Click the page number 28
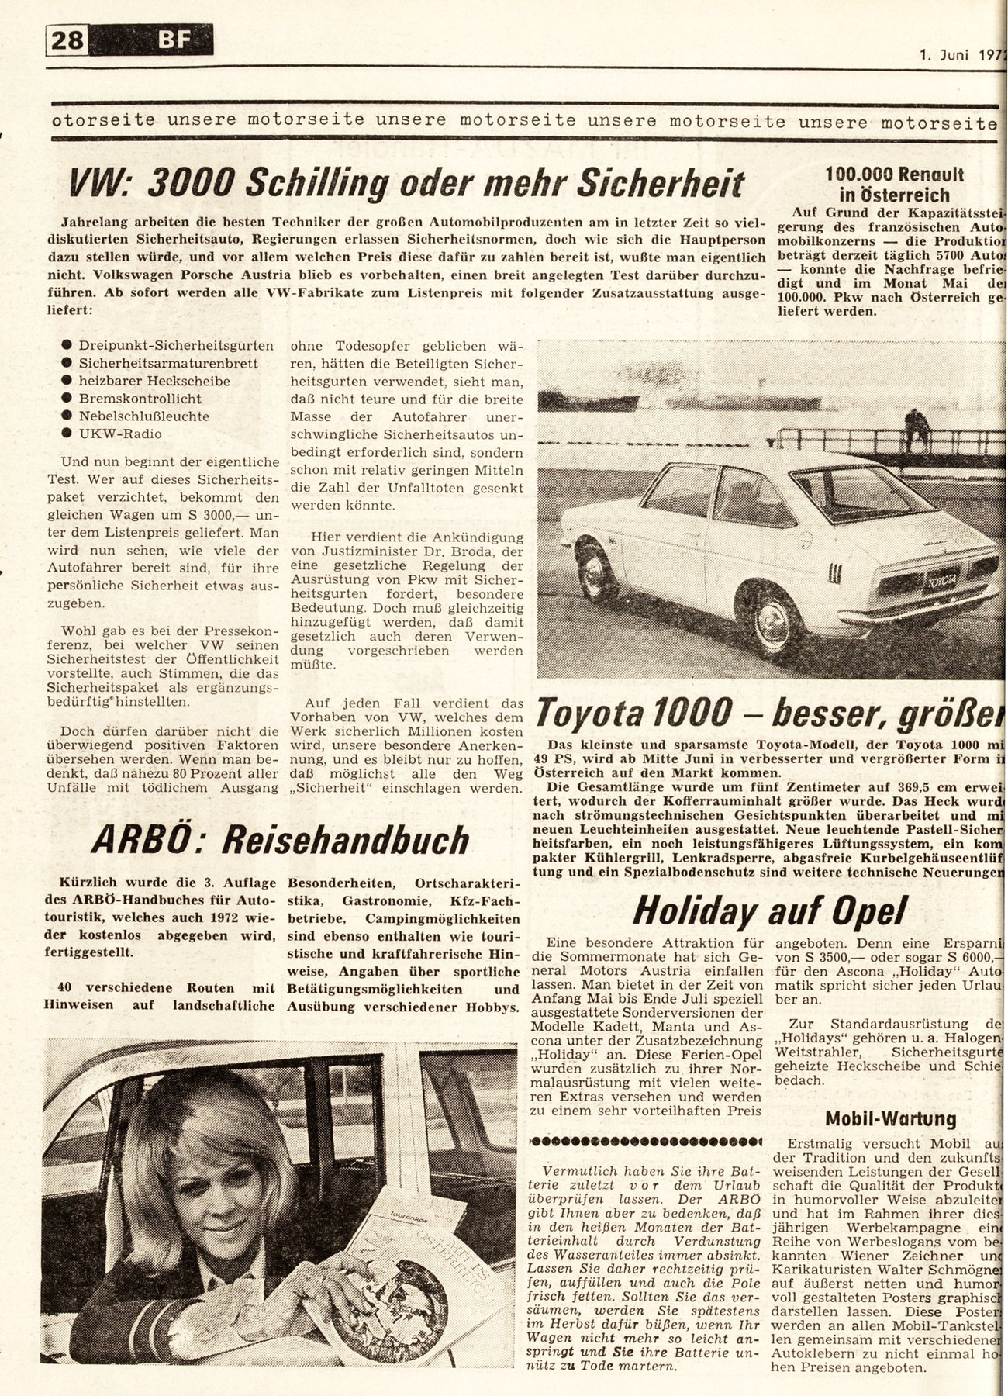(68, 39)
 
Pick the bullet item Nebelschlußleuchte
(133, 416)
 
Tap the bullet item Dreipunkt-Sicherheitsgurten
(175, 345)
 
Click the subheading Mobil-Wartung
(889, 1118)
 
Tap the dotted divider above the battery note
(643, 1141)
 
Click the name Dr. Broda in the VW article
(478, 552)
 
